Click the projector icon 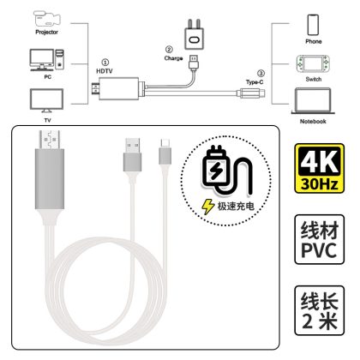click(x=47, y=19)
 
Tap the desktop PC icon click(x=47, y=60)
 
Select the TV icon click(x=47, y=100)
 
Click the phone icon click(x=313, y=25)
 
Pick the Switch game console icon click(x=313, y=64)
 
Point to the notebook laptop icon click(x=313, y=101)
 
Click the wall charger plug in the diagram click(x=195, y=35)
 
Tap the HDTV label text click(x=105, y=71)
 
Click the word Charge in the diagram click(x=173, y=58)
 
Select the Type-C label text click(x=255, y=82)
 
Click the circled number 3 click(x=261, y=74)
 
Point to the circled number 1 click(x=105, y=63)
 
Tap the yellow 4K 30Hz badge click(x=320, y=169)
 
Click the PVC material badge click(x=320, y=239)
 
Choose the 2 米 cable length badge click(x=320, y=310)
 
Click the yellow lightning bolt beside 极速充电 click(x=208, y=207)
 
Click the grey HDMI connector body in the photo click(x=50, y=179)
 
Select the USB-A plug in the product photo click(x=133, y=154)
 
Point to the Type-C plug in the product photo click(x=165, y=152)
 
